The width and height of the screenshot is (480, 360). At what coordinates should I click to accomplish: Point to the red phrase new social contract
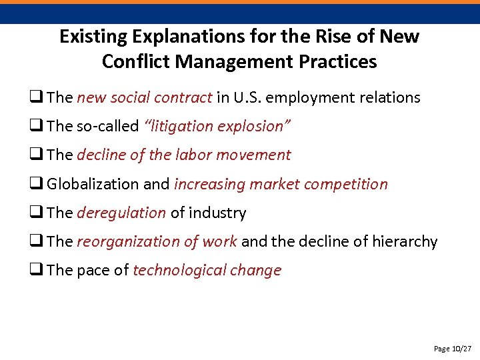[x=145, y=97]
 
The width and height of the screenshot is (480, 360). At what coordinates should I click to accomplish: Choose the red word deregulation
[x=121, y=213]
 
